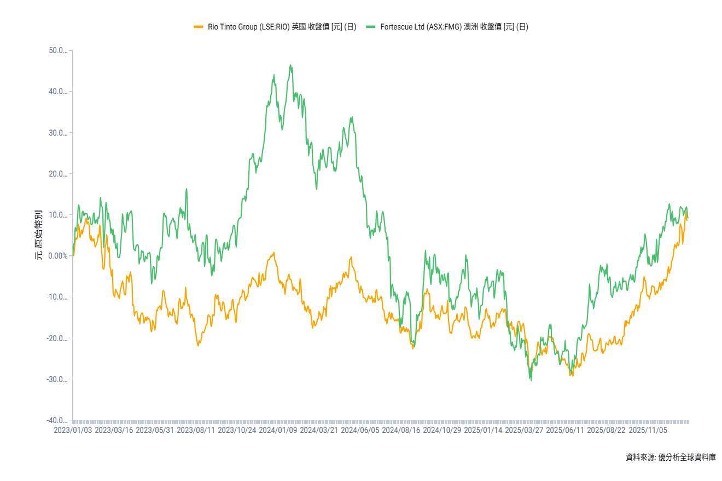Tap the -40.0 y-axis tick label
pyautogui.click(x=57, y=421)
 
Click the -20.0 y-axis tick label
pyautogui.click(x=57, y=338)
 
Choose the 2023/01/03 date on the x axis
pyautogui.click(x=73, y=430)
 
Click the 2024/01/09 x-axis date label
pyautogui.click(x=278, y=430)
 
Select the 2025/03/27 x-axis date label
pyautogui.click(x=524, y=430)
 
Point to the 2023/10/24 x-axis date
pyautogui.click(x=237, y=430)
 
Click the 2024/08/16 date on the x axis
pyautogui.click(x=401, y=430)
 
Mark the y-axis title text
pyautogui.click(x=39, y=235)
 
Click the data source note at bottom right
pyautogui.click(x=671, y=457)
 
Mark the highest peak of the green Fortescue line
pyautogui.click(x=291, y=65)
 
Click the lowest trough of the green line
pyautogui.click(x=531, y=380)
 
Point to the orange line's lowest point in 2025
pyautogui.click(x=572, y=376)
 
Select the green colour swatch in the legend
pyautogui.click(x=370, y=27)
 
